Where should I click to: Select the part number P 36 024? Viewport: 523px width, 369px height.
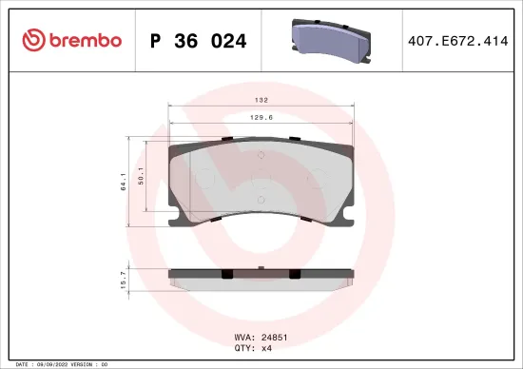[x=201, y=41]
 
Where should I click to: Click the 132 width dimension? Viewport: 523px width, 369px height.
[x=261, y=99]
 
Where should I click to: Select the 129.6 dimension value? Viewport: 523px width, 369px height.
[x=261, y=119]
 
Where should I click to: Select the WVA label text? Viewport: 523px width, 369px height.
[x=242, y=336]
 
